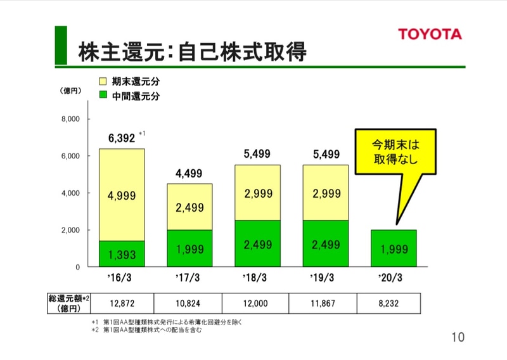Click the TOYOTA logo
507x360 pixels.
(x=429, y=34)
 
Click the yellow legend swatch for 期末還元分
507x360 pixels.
(x=104, y=81)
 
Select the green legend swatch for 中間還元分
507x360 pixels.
(x=104, y=96)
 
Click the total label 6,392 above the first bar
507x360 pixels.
(x=121, y=138)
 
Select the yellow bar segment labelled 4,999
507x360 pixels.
(x=122, y=195)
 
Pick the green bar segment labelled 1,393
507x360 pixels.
(x=122, y=254)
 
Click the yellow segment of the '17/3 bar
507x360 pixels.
(x=190, y=207)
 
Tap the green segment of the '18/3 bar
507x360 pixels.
(x=257, y=244)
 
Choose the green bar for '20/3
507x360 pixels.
(x=394, y=248)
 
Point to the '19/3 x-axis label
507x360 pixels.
(x=326, y=278)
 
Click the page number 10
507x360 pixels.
(x=458, y=337)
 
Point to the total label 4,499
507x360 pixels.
(x=189, y=175)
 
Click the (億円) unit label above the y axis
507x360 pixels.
(x=68, y=92)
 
